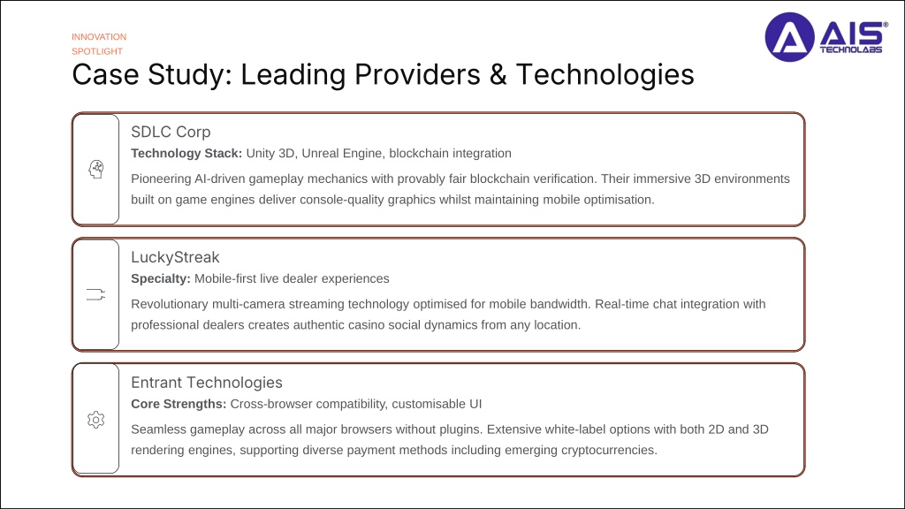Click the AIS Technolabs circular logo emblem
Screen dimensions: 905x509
(x=789, y=37)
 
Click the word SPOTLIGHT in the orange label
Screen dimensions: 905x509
(x=97, y=51)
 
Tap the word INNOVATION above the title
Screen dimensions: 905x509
(x=99, y=37)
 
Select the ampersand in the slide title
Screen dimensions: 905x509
(x=498, y=74)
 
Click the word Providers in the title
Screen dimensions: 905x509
(x=417, y=74)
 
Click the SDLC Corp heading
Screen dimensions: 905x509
(x=171, y=132)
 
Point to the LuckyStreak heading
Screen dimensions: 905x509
(x=175, y=257)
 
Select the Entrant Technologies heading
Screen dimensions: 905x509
(x=207, y=383)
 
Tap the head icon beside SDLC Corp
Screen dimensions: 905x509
(x=95, y=169)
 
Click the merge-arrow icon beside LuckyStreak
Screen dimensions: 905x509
(x=95, y=294)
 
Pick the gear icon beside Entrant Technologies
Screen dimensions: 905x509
(x=95, y=420)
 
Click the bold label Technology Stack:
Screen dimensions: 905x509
(x=186, y=154)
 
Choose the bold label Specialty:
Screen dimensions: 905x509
(x=161, y=278)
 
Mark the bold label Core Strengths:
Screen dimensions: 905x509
(x=179, y=404)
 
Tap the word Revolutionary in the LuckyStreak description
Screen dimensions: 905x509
(x=169, y=304)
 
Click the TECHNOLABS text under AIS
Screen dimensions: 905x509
(x=851, y=49)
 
